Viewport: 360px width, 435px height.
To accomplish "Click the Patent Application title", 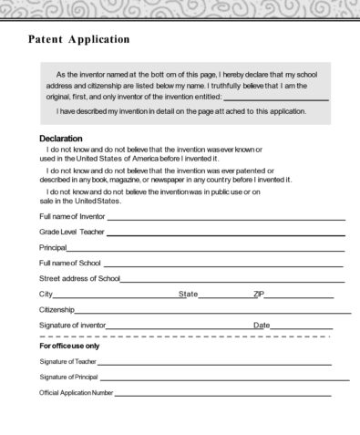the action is (x=79, y=39).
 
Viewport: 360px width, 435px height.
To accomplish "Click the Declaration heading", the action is (x=67, y=139).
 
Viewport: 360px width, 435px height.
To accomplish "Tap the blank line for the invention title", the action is (x=275, y=98).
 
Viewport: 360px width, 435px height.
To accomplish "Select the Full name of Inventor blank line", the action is (x=226, y=219).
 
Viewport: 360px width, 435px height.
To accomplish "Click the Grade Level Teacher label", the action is (x=72, y=233).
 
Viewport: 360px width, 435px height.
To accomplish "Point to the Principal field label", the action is (x=53, y=248).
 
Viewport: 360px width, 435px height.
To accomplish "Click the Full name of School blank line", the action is (x=223, y=264).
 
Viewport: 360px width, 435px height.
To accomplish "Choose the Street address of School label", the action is (x=79, y=278).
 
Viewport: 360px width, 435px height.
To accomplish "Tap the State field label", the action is (x=189, y=294).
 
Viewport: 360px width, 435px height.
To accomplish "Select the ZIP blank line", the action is (x=299, y=296).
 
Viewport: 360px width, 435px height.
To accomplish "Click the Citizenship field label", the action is (x=57, y=310).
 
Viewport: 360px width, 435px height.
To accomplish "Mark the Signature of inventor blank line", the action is (x=179, y=327).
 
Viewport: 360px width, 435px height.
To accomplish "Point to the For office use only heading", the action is (x=69, y=347).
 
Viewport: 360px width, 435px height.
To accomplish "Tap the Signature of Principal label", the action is (x=68, y=377).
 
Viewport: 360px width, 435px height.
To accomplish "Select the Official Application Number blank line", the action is (x=222, y=395).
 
